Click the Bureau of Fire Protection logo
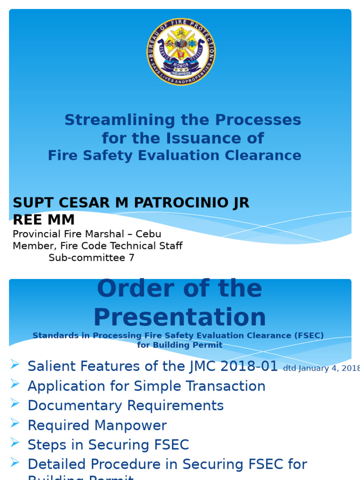tap(180, 52)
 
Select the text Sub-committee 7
tap(91, 258)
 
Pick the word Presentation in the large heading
tap(180, 317)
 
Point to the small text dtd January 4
tap(321, 368)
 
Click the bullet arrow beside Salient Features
tap(15, 364)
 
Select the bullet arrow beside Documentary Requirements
tap(15, 404)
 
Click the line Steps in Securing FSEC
tap(108, 445)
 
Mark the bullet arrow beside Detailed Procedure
tap(15, 463)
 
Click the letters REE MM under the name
tap(44, 219)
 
